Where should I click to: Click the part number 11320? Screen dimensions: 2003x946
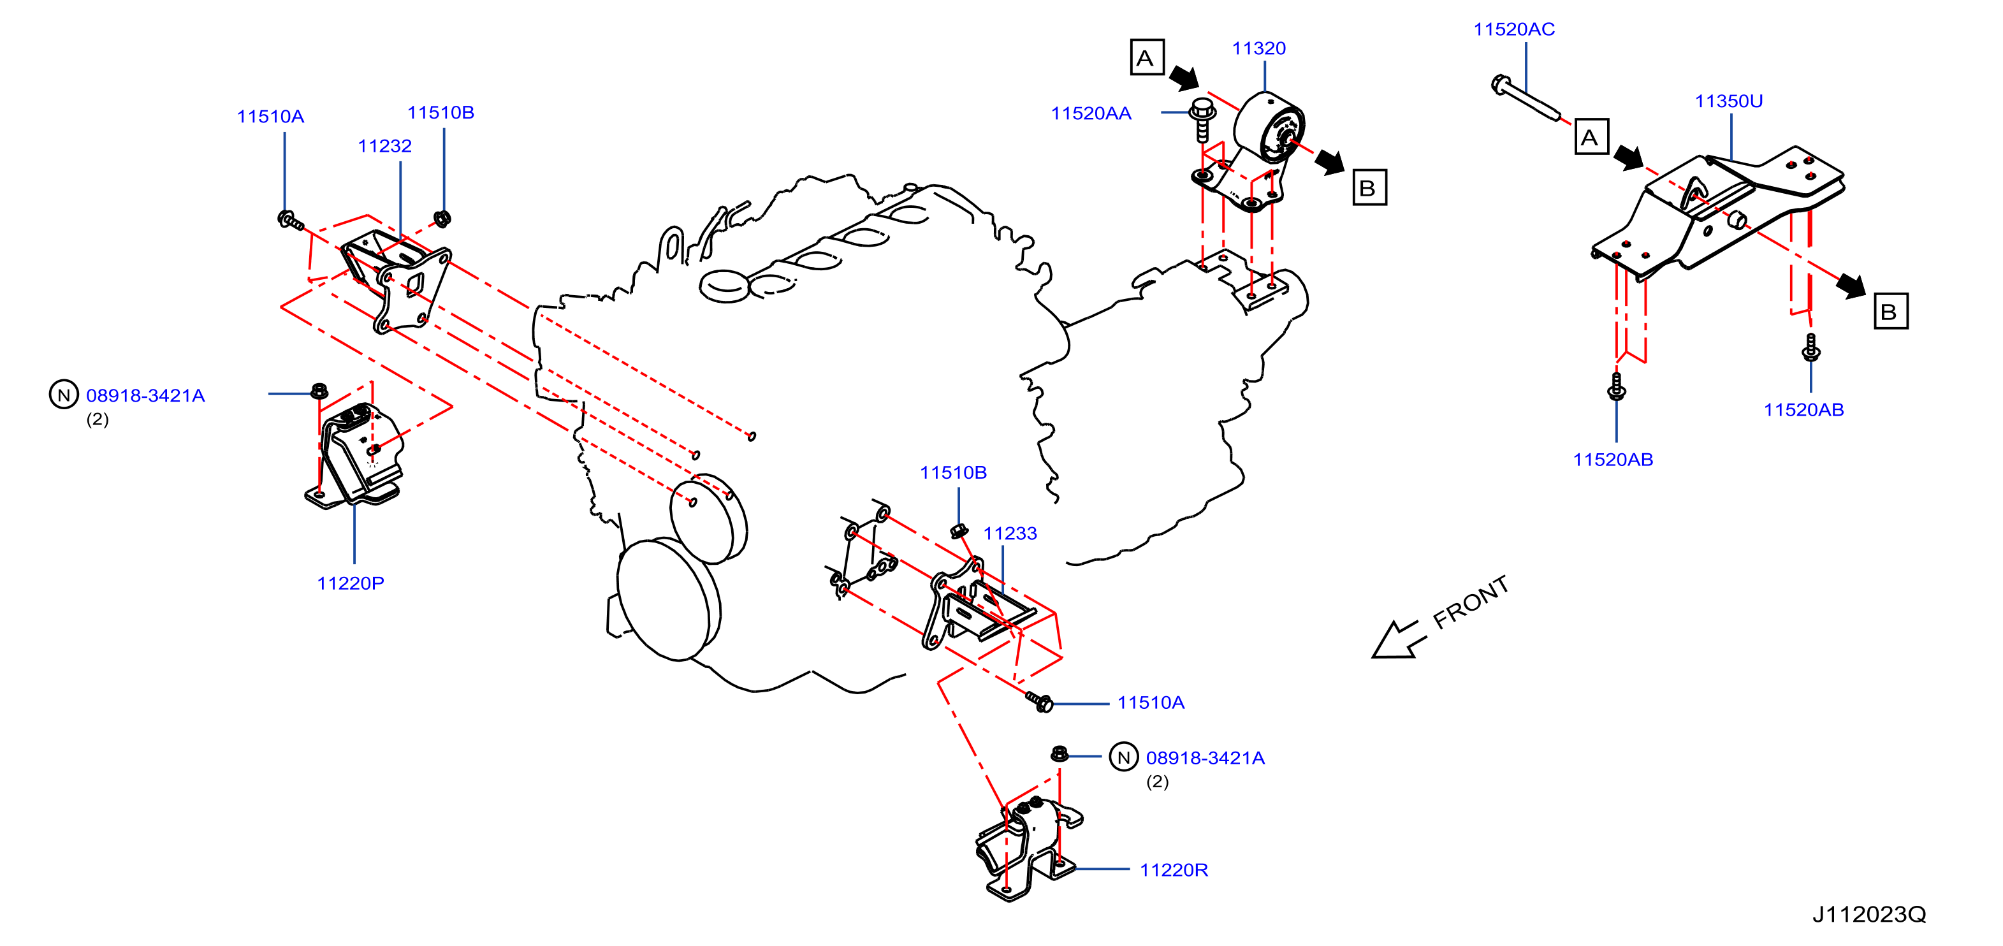pos(1258,48)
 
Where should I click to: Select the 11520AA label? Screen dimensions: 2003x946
pos(1091,113)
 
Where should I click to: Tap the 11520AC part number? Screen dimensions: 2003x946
pos(1514,29)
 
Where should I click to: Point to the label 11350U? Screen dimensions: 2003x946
pos(1728,101)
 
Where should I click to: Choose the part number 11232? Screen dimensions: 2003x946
pos(384,146)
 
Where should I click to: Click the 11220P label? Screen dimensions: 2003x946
pos(350,583)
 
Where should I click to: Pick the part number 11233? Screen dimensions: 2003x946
pos(1010,534)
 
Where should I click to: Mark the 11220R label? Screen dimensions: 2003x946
pos(1174,870)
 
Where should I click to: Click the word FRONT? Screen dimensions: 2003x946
pos(1470,602)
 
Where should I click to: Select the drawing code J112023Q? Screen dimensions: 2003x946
pos(1869,914)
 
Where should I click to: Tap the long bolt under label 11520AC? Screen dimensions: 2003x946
pos(1526,98)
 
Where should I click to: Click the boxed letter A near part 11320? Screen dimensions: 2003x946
pos(1147,57)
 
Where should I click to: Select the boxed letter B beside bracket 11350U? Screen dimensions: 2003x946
pos(1890,311)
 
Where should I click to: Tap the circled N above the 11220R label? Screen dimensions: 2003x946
pos(1123,757)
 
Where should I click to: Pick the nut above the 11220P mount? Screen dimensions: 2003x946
pos(319,390)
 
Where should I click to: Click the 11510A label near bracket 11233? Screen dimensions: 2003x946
pos(1151,702)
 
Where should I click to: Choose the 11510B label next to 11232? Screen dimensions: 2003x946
pos(440,113)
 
